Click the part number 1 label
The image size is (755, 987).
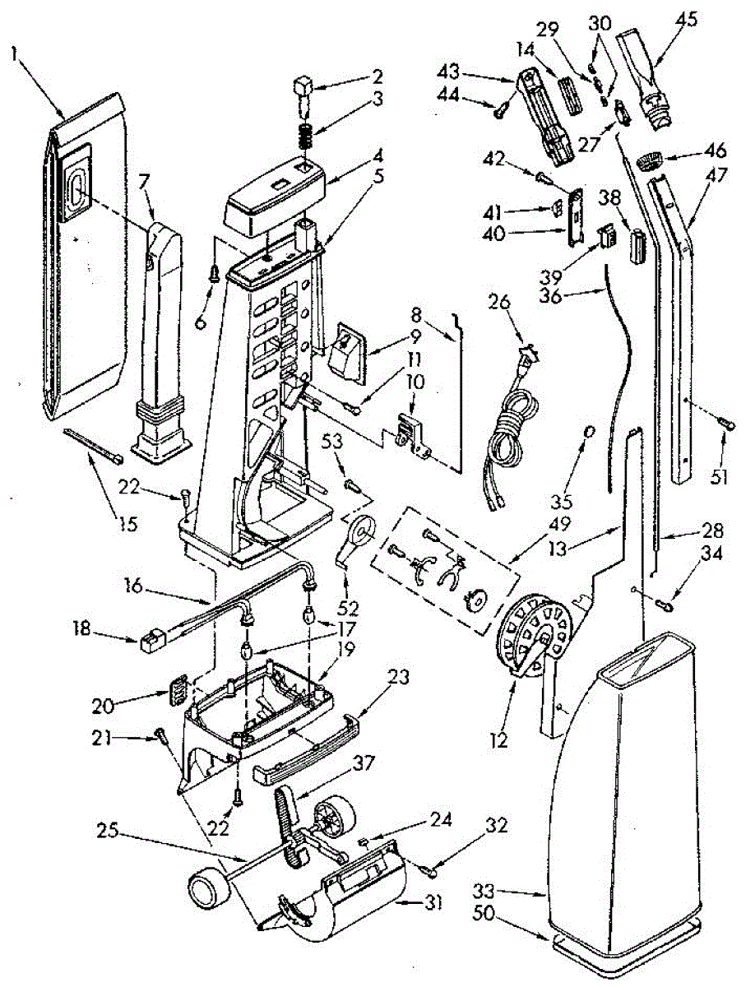point(14,54)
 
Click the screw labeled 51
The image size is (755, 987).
point(725,423)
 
